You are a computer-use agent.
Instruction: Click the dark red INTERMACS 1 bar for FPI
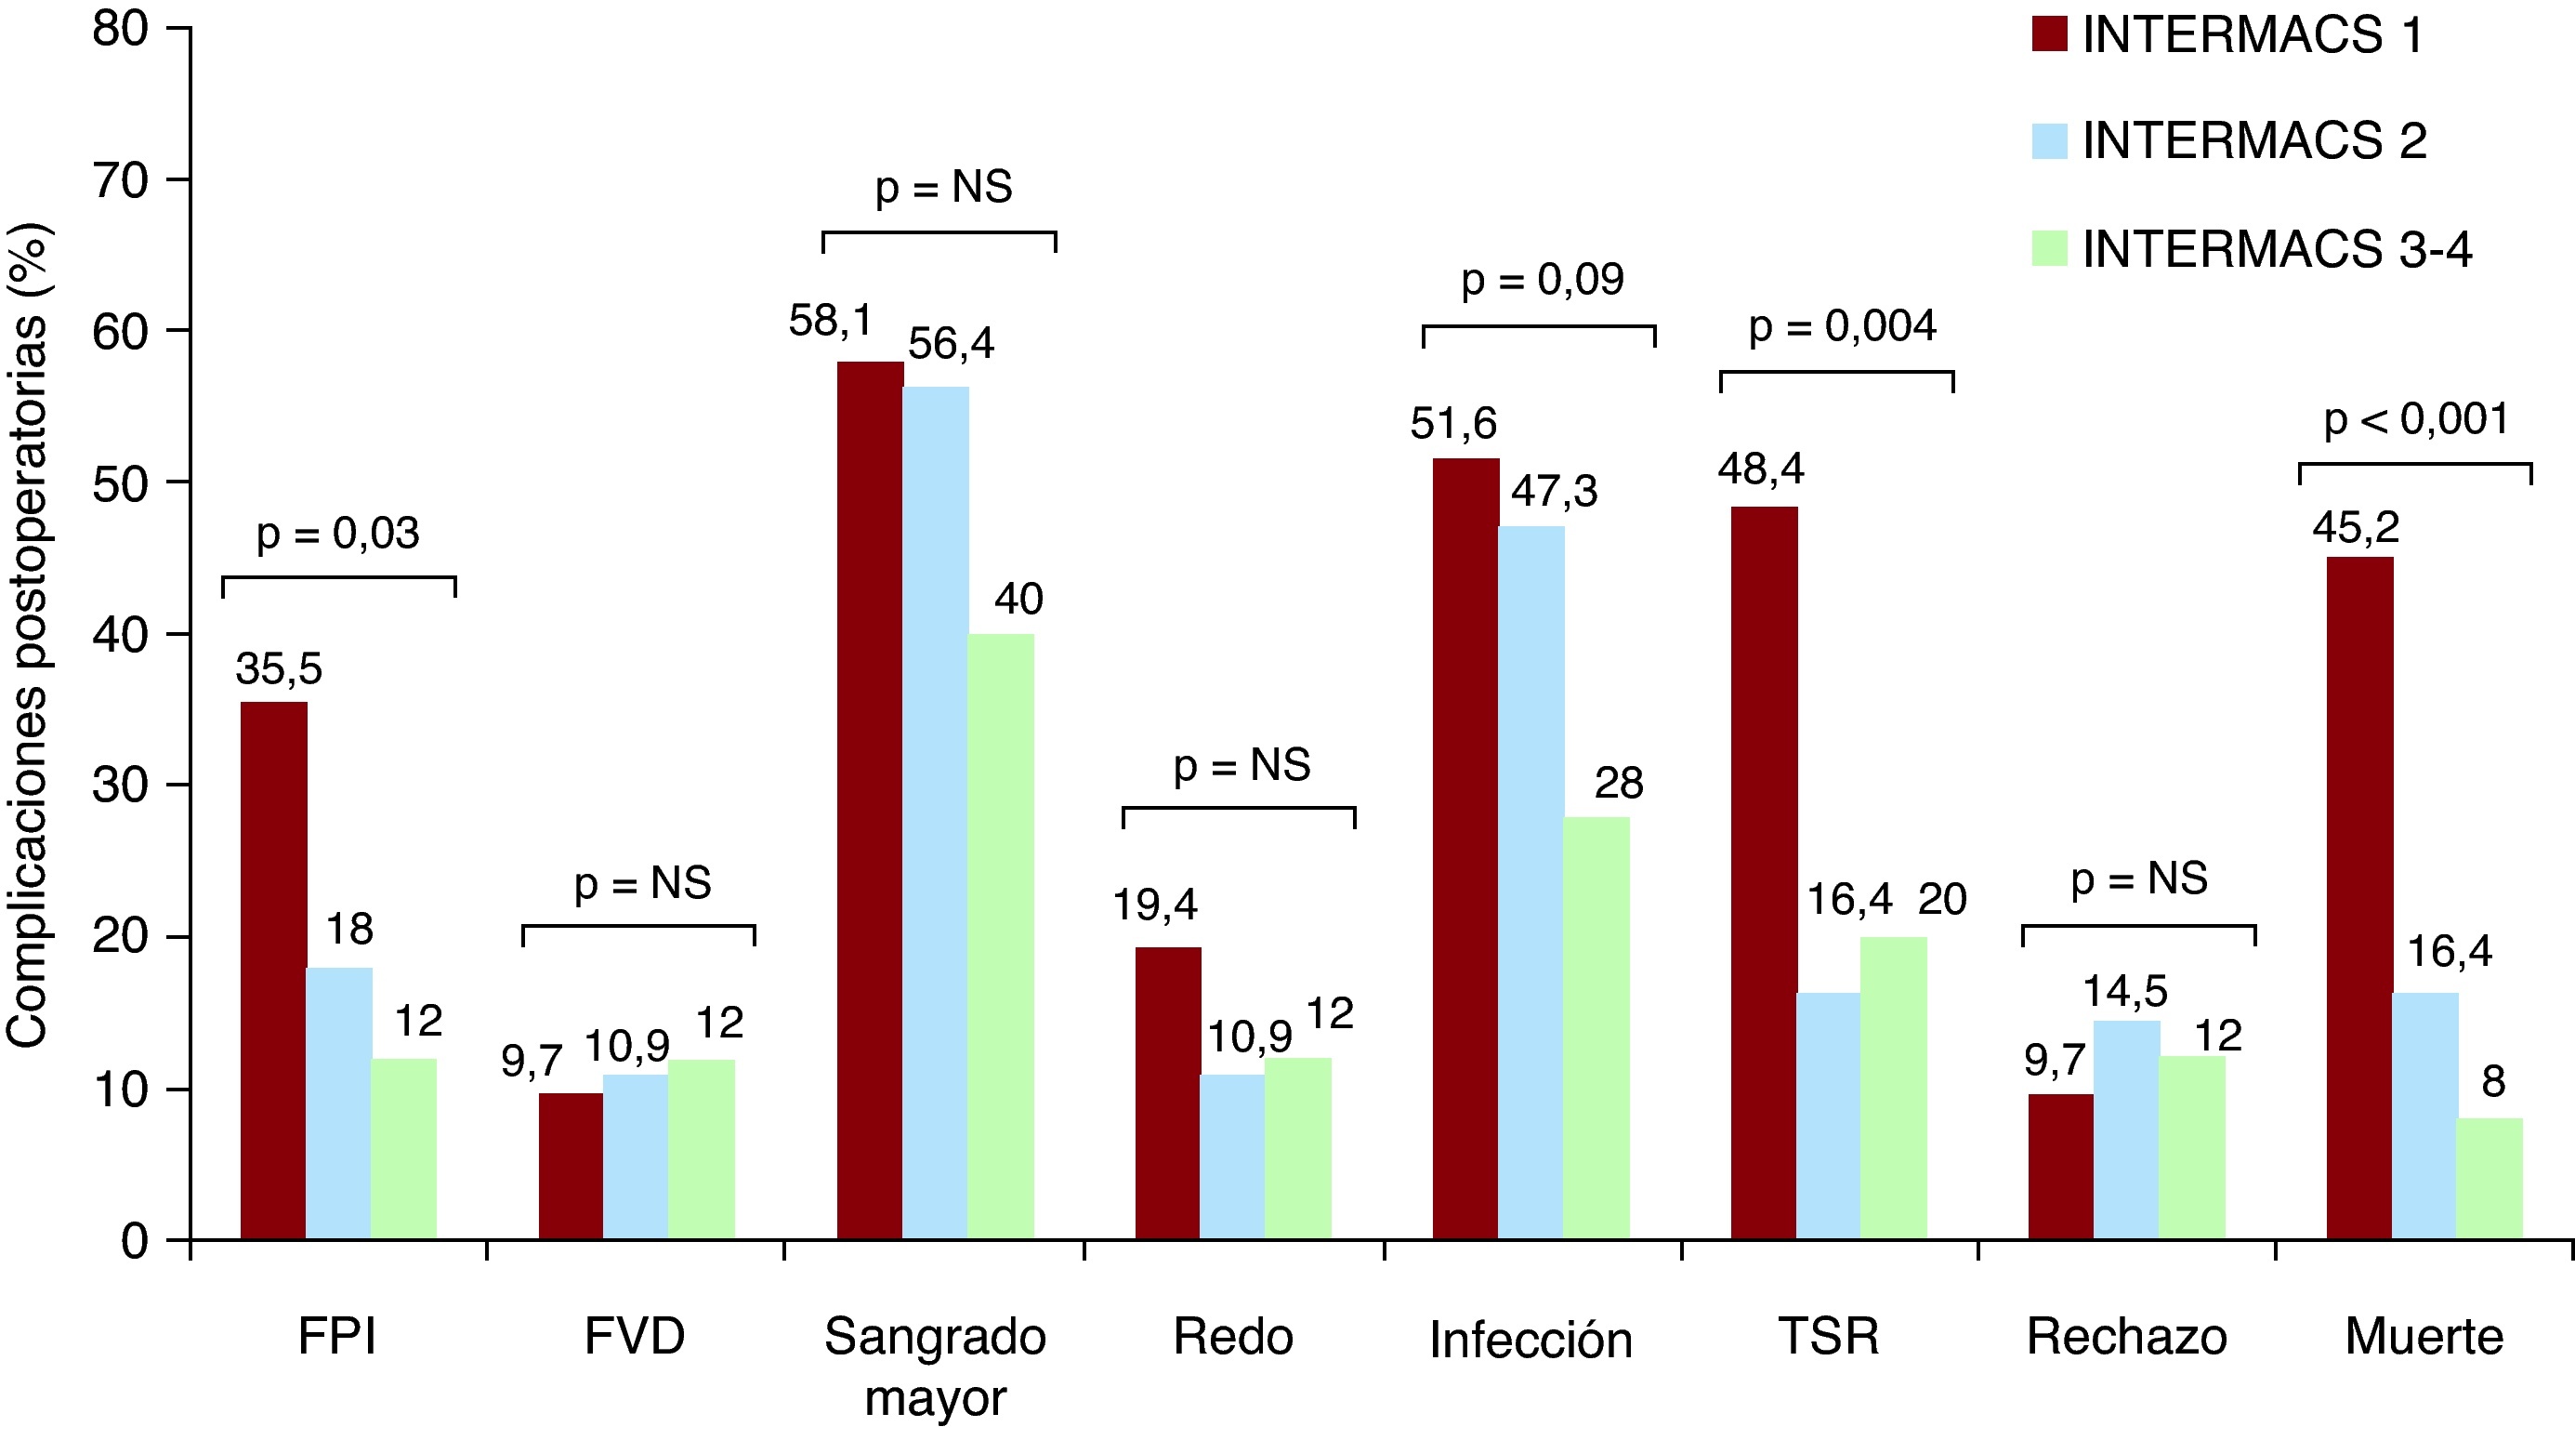tap(274, 970)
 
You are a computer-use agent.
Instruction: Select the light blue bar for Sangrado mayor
tap(936, 812)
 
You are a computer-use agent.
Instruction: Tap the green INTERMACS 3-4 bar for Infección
tap(1596, 1028)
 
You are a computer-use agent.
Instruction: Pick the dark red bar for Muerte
tap(2359, 898)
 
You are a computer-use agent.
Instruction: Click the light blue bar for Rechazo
tap(2126, 1130)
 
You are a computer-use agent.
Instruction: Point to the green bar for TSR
tap(1893, 1088)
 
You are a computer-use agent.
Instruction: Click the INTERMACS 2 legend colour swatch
tap(2049, 141)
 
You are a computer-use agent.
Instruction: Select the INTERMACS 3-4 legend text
tap(2277, 249)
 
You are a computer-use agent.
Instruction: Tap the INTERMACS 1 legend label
tap(2253, 35)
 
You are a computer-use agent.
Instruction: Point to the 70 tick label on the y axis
tap(121, 182)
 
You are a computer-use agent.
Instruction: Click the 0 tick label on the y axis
tap(135, 1242)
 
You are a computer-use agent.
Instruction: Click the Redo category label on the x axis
tap(1232, 1337)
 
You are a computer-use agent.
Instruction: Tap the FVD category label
tap(635, 1337)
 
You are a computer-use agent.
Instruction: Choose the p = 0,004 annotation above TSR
tap(1841, 327)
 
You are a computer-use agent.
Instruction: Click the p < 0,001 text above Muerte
tap(2415, 420)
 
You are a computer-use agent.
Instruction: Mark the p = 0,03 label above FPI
tap(338, 534)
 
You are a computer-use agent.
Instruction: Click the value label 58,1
tap(830, 321)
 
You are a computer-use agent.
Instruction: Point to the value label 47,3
tap(1554, 492)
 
